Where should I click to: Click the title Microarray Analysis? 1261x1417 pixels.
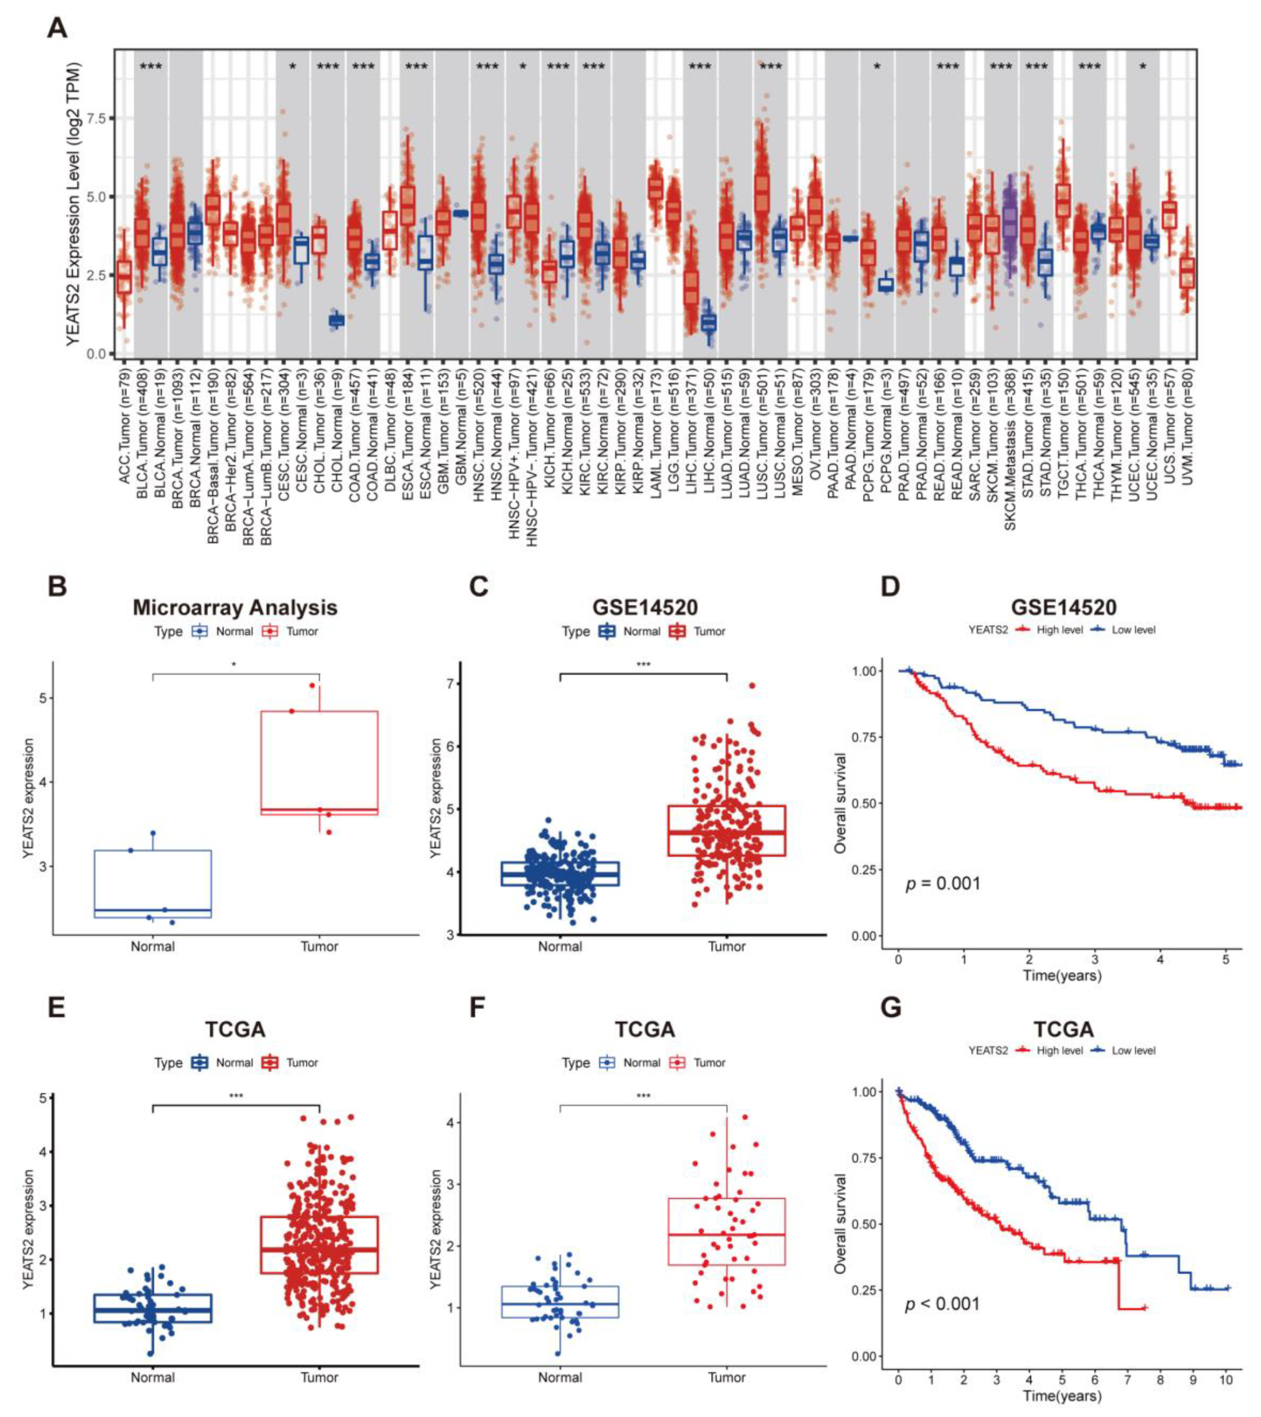(235, 608)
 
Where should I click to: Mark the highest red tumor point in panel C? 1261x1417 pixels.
(752, 686)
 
